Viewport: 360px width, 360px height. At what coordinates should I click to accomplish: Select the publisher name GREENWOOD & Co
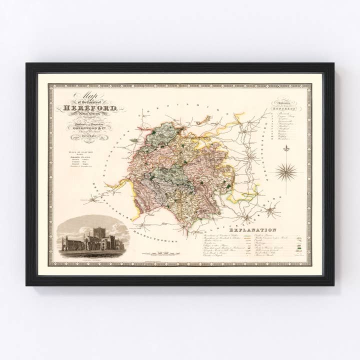point(88,126)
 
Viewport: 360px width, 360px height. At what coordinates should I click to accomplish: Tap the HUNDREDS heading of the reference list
point(287,108)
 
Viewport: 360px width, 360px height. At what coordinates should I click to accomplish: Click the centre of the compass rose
point(286,172)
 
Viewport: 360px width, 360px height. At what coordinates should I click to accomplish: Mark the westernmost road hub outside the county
point(93,201)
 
